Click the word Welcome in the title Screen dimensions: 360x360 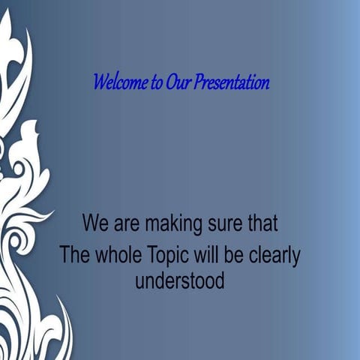coord(120,82)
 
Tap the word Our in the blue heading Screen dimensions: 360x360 coord(178,82)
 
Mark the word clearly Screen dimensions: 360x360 coord(274,256)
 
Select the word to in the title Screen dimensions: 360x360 coord(156,82)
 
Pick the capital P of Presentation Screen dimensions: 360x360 coord(198,82)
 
